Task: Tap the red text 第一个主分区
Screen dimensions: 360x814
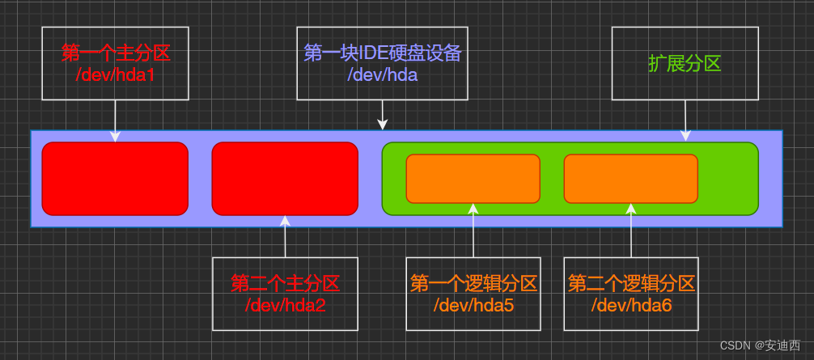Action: point(115,53)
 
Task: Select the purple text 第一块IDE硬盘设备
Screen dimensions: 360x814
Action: point(382,53)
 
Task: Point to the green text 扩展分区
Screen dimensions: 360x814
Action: point(685,63)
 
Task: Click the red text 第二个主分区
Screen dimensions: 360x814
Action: point(285,284)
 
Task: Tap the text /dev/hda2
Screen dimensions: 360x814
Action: point(285,305)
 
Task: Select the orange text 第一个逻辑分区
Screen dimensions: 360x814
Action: point(473,284)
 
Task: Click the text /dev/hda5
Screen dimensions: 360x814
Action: point(473,305)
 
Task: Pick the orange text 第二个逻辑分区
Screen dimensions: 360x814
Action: point(631,284)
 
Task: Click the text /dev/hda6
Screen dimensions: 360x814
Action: point(631,305)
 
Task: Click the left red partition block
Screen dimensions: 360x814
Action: point(115,179)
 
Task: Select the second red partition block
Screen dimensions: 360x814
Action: point(285,179)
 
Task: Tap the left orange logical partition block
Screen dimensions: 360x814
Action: point(473,179)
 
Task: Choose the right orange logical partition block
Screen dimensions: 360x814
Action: point(630,179)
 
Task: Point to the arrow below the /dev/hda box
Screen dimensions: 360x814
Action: point(383,116)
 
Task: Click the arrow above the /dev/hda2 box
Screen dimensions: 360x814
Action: point(285,235)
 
